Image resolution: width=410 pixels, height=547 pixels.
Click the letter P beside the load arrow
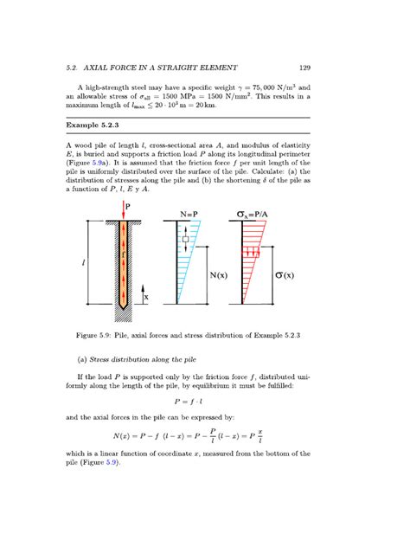pos(131,206)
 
